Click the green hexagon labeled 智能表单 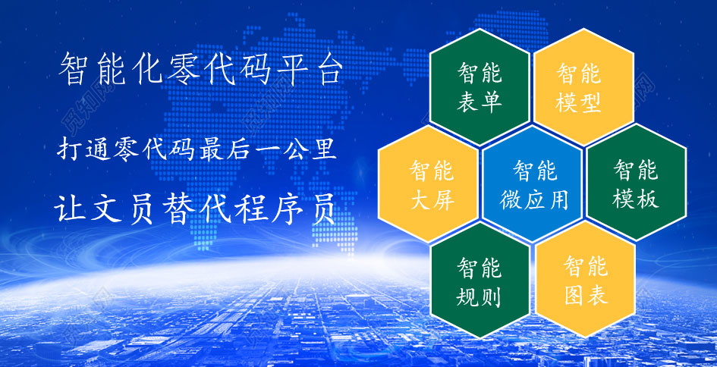480,87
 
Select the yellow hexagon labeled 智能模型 583,87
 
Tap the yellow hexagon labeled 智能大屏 428,183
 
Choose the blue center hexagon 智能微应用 533,183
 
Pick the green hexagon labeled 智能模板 636,183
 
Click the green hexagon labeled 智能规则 480,280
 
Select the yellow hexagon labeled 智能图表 585,280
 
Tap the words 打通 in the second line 85,149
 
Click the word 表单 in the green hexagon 480,102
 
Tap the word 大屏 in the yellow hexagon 432,199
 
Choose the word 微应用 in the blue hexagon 534,199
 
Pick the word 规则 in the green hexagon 479,297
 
